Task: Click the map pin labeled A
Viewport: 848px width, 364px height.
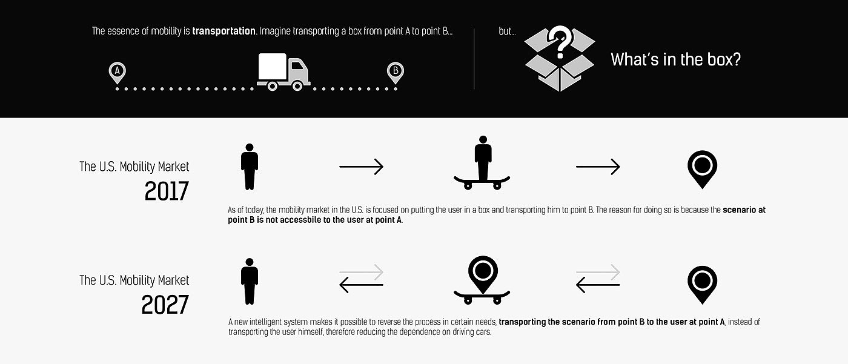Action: coord(117,73)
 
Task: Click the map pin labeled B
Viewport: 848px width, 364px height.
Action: coord(395,73)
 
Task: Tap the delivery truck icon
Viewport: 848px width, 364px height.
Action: coord(283,72)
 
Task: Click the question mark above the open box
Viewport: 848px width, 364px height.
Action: coord(559,41)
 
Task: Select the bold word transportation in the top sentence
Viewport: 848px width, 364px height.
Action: coord(224,31)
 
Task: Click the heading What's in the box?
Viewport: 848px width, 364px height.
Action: coord(675,59)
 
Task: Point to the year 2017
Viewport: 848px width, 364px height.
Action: coord(167,191)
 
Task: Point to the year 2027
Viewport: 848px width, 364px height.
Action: coord(165,305)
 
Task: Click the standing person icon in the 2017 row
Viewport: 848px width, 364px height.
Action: coord(250,167)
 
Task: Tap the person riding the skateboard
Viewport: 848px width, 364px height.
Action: coord(482,163)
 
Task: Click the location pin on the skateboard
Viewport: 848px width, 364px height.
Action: coord(483,274)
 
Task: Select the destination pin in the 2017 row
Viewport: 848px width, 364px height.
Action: coord(702,169)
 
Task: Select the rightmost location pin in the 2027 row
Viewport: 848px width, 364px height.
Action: coord(702,285)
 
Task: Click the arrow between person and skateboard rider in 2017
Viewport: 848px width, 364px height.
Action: coord(361,167)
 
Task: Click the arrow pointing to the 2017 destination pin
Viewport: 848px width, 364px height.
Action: coord(598,167)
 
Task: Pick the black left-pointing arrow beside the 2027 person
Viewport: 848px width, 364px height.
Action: coord(361,285)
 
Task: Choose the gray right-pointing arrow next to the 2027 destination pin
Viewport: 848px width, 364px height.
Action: coord(598,272)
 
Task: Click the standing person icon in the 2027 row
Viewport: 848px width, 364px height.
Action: coord(250,282)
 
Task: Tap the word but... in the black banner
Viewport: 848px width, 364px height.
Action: coord(507,31)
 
